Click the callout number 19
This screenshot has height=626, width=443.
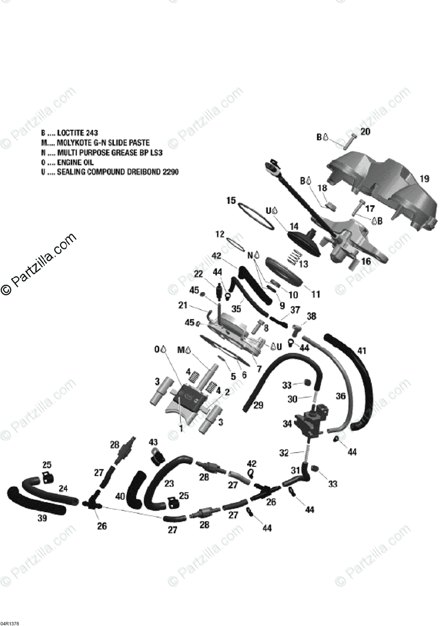424,178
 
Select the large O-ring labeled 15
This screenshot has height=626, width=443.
257,215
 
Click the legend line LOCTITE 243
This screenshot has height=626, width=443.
70,133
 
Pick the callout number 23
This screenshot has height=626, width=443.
169,484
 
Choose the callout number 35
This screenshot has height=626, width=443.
236,309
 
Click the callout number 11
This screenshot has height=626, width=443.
316,294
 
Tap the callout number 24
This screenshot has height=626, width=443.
63,489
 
